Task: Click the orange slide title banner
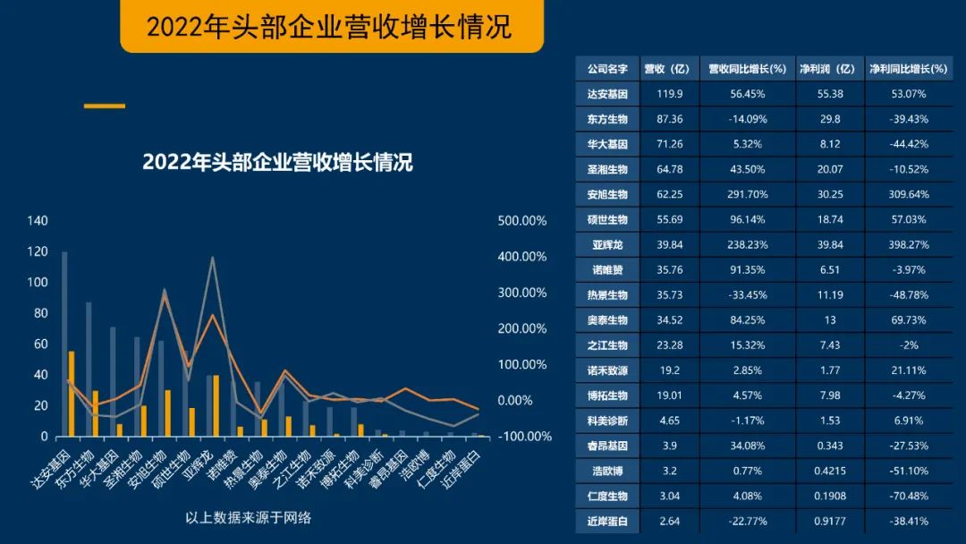(x=331, y=26)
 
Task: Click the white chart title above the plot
(x=277, y=163)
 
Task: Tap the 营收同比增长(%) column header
(x=747, y=68)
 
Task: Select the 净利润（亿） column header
(x=827, y=68)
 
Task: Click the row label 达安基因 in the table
(x=607, y=93)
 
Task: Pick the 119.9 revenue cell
(x=670, y=93)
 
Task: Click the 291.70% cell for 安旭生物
(x=747, y=194)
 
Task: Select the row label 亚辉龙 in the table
(x=607, y=244)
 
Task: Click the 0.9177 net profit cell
(x=827, y=521)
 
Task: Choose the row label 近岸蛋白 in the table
(x=607, y=521)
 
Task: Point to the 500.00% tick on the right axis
(x=521, y=221)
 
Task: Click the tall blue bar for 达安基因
(x=64, y=344)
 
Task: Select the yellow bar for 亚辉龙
(x=216, y=405)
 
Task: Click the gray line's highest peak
(x=212, y=259)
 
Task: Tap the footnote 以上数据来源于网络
(x=248, y=517)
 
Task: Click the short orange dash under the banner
(x=105, y=106)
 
